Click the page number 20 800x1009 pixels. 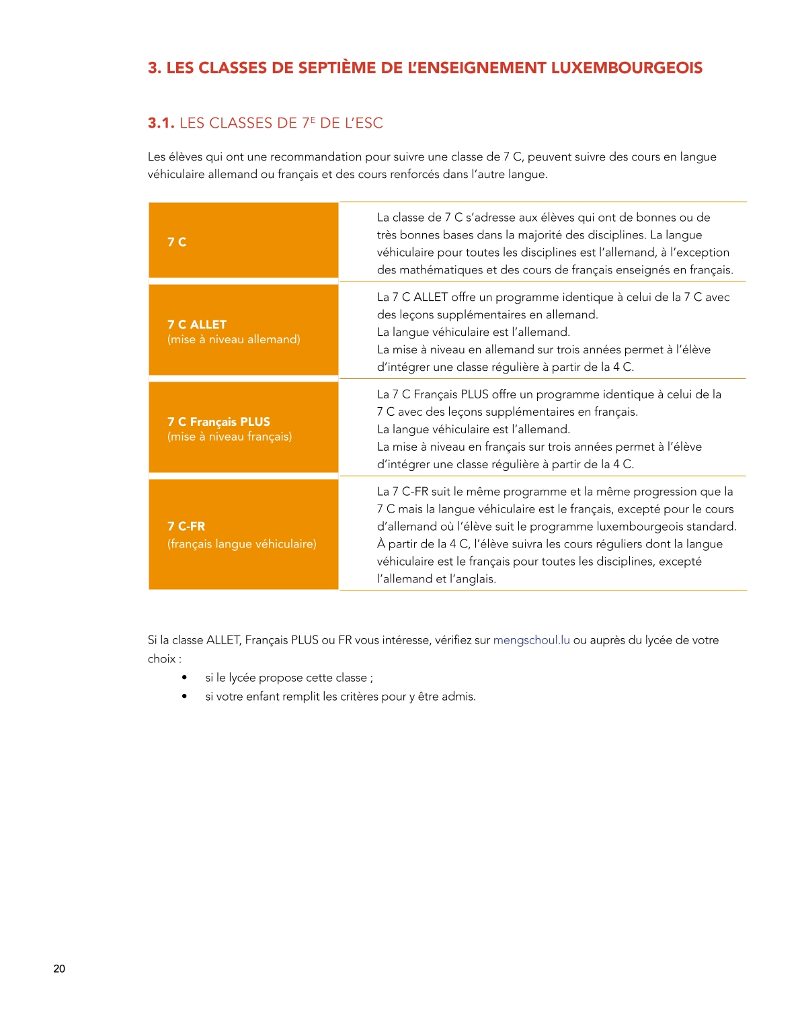[x=59, y=969]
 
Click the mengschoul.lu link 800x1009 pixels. [x=531, y=640]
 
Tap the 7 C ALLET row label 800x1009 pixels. [x=197, y=324]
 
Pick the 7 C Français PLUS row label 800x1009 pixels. [x=218, y=422]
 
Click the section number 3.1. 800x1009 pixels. [x=161, y=124]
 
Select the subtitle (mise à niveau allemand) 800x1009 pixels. [x=234, y=340]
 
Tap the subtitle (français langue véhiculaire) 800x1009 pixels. [x=242, y=544]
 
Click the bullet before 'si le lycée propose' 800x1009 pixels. [x=184, y=677]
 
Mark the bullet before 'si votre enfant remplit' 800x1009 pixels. [x=184, y=696]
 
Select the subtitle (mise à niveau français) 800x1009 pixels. [x=230, y=437]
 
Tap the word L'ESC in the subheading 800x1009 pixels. [x=364, y=124]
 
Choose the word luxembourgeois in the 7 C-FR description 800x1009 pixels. [x=637, y=527]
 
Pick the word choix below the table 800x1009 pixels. [x=161, y=659]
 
